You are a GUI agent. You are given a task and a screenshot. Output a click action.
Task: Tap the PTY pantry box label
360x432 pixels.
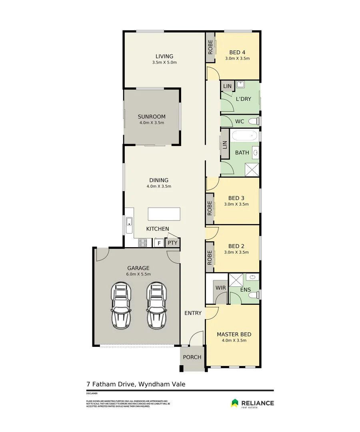(x=172, y=243)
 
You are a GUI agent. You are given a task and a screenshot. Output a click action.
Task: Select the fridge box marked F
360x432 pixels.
(x=159, y=243)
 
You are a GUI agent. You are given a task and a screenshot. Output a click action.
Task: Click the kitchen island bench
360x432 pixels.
(x=164, y=214)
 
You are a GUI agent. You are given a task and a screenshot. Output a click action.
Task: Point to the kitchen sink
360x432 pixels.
(x=129, y=225)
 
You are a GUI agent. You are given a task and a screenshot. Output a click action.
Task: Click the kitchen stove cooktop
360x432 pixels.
(x=142, y=242)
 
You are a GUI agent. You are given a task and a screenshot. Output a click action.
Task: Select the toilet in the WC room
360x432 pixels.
(x=254, y=121)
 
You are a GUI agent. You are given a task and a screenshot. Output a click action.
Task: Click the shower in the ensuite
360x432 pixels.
(x=236, y=280)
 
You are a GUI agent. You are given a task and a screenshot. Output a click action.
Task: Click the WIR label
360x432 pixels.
(x=220, y=288)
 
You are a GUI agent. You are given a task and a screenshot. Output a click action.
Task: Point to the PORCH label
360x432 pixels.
(x=192, y=357)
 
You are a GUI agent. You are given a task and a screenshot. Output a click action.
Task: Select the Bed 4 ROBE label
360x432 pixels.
(x=210, y=47)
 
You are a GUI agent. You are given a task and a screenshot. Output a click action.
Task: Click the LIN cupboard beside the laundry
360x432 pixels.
(x=227, y=86)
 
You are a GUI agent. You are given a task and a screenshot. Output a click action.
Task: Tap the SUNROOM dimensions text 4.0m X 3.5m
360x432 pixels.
(x=152, y=123)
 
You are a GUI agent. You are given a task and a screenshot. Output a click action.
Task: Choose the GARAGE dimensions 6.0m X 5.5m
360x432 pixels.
(x=138, y=274)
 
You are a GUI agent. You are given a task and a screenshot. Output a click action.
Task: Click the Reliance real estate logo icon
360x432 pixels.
(x=235, y=403)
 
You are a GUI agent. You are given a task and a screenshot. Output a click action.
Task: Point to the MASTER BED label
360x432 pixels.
(x=234, y=334)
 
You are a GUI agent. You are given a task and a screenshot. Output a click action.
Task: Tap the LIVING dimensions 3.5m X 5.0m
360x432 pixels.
(x=164, y=62)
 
